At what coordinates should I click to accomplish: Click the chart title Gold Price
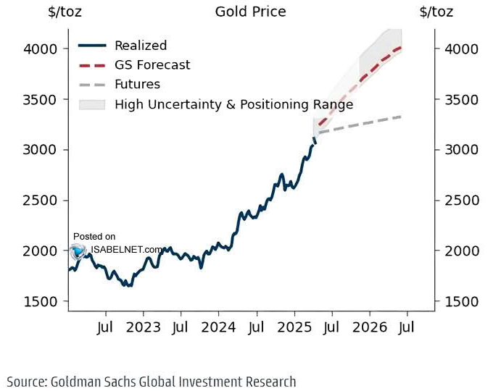(250, 12)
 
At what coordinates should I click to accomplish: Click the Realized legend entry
(141, 46)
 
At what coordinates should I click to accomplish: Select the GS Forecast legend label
(152, 65)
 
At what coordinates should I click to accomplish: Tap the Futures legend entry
(137, 85)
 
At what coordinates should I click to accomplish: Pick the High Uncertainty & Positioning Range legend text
(233, 104)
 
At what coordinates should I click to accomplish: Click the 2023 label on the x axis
(144, 327)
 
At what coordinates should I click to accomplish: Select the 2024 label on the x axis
(218, 327)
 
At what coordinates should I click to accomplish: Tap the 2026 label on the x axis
(369, 327)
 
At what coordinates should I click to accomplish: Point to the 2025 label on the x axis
(294, 327)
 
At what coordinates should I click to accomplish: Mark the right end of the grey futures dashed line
(401, 117)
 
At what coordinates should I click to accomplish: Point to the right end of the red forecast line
(401, 48)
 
